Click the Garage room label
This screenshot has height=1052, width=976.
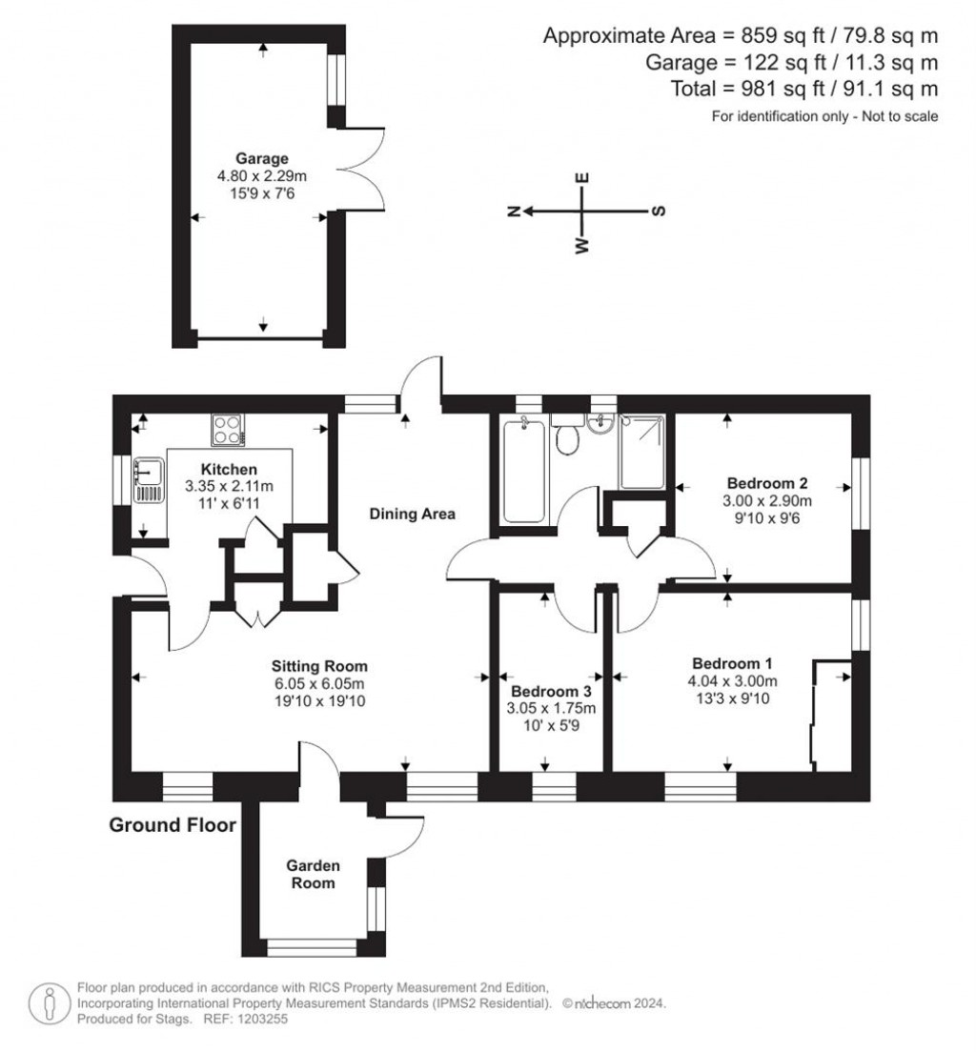(262, 158)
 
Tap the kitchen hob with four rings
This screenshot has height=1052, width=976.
(228, 430)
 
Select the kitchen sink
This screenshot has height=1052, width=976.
(149, 480)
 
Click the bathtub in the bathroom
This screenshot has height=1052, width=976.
(524, 469)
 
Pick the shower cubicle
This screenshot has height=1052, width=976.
(642, 452)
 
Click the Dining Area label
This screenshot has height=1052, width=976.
(412, 514)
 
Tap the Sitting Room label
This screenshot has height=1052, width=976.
(319, 666)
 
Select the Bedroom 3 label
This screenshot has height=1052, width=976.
(551, 691)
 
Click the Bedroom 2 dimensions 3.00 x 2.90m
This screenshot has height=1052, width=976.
(767, 500)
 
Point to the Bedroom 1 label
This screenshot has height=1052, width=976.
(732, 663)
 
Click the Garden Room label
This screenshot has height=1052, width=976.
(313, 874)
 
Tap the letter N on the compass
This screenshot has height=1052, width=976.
(514, 212)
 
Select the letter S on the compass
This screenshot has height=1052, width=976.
(660, 211)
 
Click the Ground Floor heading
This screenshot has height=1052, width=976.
(173, 825)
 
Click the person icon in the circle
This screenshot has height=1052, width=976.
(50, 1003)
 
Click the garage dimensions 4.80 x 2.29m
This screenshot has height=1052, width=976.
(262, 176)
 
